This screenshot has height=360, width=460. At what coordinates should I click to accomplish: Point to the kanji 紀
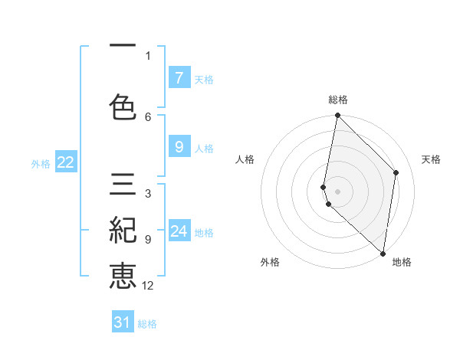123,231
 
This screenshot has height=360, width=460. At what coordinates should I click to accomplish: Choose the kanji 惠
123,276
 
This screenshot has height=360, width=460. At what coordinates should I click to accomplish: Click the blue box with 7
179,77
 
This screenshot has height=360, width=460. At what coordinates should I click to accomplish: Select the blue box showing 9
179,146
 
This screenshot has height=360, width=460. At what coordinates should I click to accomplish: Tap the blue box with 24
179,231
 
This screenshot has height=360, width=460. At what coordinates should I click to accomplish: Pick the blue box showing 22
65,162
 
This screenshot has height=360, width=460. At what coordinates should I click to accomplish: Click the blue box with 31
123,322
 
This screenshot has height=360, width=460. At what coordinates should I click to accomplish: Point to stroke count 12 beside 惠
148,286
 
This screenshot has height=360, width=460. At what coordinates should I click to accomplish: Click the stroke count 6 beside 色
148,116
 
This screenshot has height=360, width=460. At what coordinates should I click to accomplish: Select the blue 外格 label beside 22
41,162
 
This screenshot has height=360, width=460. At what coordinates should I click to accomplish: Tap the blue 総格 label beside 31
147,324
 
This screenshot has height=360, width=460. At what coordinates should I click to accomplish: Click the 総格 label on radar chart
338,100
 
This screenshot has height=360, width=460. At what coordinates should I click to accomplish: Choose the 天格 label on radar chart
431,159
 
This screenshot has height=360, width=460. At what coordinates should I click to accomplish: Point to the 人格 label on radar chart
245,159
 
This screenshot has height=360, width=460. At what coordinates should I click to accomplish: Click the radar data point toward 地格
383,254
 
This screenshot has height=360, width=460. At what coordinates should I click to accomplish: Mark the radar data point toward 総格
337,116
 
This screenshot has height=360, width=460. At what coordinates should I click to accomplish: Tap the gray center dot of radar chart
337,191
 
